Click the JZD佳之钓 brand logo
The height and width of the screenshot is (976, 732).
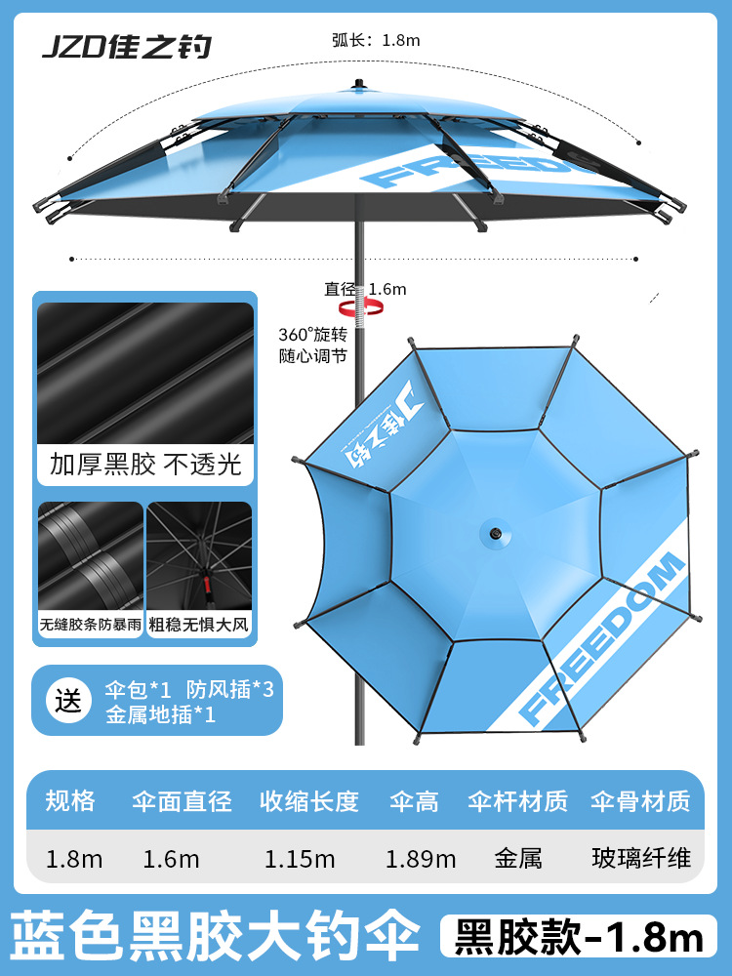[x=126, y=47]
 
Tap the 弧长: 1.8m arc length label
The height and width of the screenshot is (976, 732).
[x=375, y=40]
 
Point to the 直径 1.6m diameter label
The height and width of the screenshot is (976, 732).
[x=365, y=289]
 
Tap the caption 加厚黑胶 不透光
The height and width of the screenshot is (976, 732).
[x=144, y=463]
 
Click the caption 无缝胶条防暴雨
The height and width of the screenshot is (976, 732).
[x=91, y=624]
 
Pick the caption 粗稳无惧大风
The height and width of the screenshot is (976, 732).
[x=199, y=624]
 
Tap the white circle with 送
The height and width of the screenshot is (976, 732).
[x=69, y=700]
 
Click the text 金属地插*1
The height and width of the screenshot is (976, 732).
[x=159, y=713]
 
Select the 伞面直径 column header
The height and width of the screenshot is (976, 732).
[x=182, y=801]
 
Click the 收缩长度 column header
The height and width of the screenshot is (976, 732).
[x=308, y=801]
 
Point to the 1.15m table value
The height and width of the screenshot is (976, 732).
[x=300, y=859]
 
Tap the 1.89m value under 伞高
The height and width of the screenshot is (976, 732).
[x=421, y=859]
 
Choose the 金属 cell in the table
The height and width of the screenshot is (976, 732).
[x=518, y=859]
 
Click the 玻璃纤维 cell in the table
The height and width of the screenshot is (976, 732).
[x=641, y=859]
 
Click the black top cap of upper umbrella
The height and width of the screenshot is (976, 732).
[x=358, y=85]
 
